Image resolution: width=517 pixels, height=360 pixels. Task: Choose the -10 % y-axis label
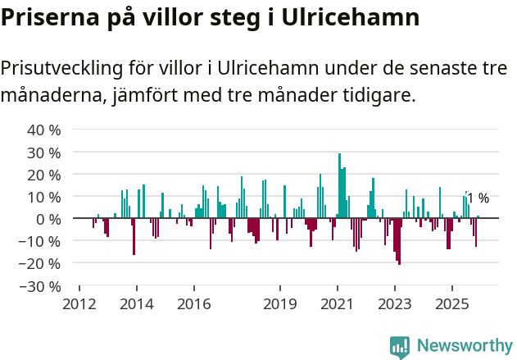pos(42,242)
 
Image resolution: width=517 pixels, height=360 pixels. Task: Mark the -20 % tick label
pos(42,264)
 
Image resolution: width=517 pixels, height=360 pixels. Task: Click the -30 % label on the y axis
pos(42,287)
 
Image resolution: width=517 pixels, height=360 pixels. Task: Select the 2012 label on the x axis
pos(79,303)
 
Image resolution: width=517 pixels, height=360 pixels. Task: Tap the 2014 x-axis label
pos(136,303)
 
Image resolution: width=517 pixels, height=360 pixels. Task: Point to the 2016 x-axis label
pos(193,303)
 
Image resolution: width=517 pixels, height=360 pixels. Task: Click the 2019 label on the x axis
pos(280,303)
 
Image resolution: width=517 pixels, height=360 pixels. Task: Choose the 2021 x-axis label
pos(338,303)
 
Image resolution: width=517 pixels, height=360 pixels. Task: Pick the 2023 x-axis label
pos(395,303)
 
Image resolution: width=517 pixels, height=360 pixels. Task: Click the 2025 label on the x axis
pos(452,303)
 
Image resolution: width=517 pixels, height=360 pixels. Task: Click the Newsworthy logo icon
pos(400,347)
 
